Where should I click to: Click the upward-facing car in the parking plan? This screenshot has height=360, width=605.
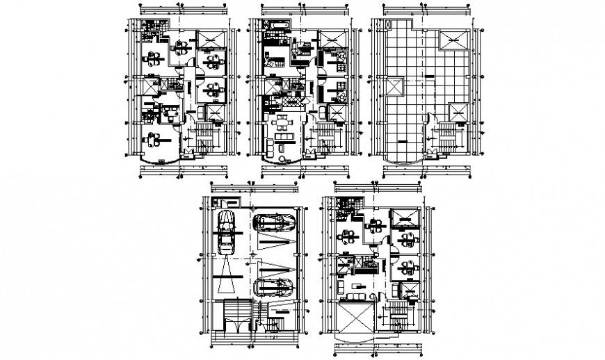click(226, 234)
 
